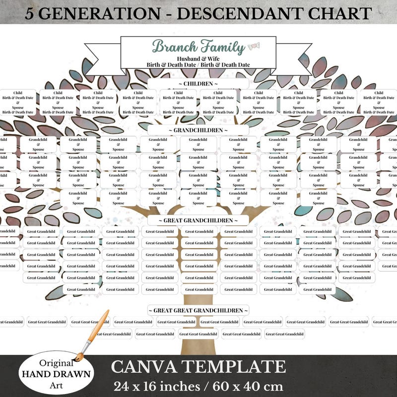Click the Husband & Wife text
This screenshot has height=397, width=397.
pyautogui.click(x=198, y=59)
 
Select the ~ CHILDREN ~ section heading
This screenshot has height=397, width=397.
pyautogui.click(x=198, y=83)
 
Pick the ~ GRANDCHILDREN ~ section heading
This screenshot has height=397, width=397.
pyautogui.click(x=198, y=130)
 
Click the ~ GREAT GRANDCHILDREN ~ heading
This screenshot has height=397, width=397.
pyautogui.click(x=198, y=220)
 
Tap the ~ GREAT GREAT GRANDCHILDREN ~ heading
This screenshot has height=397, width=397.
pyautogui.click(x=198, y=310)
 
